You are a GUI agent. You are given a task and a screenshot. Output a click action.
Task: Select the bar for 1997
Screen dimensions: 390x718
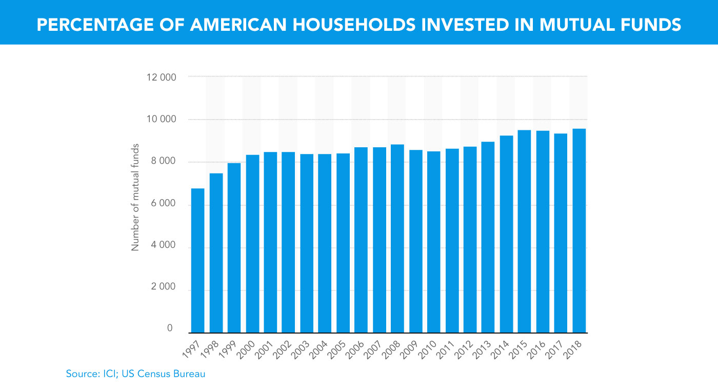(x=198, y=261)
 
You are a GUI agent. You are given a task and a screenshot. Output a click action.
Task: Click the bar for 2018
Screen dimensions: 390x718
(x=579, y=230)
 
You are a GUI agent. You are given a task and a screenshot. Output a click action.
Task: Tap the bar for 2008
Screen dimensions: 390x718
(x=397, y=239)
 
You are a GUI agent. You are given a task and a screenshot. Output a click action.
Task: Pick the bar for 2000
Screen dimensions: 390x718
(x=252, y=244)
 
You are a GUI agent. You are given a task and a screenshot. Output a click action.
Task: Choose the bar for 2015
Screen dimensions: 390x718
(x=524, y=231)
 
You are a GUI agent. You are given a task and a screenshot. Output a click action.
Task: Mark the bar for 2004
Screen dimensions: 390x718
(x=325, y=243)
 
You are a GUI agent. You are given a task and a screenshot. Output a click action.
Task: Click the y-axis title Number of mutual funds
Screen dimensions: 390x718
(x=135, y=205)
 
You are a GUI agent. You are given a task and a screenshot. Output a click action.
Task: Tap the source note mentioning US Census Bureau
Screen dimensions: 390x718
(x=135, y=374)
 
